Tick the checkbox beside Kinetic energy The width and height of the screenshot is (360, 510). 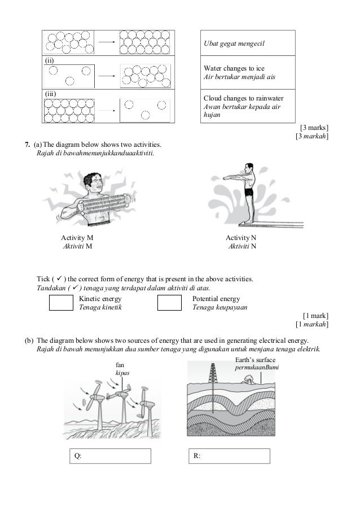click(61, 303)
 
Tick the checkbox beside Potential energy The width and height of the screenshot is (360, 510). click(169, 303)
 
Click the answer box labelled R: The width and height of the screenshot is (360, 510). click(228, 456)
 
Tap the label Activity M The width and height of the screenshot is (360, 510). click(77, 238)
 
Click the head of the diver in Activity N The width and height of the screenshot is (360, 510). click(248, 168)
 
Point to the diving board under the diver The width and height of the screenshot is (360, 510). click(271, 224)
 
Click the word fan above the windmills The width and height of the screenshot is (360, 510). click(120, 365)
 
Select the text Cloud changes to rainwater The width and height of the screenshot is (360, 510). click(243, 98)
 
